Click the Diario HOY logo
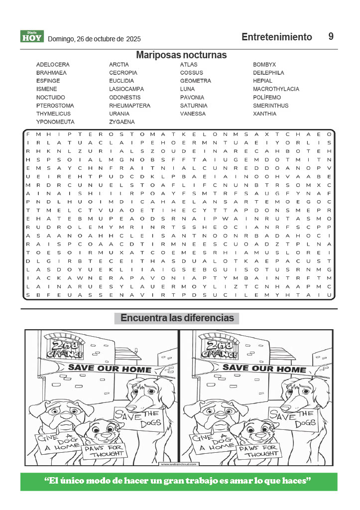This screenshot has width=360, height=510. coord(32,36)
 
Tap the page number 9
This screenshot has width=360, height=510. coord(331,36)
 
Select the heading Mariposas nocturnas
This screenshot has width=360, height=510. coord(181,55)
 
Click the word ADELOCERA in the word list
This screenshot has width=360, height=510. coord(53,65)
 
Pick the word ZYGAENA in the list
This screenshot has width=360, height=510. coord(122,122)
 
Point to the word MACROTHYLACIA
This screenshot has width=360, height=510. coord(276,89)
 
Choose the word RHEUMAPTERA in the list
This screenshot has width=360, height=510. coord(129,106)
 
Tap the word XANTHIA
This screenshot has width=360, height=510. coord(264,114)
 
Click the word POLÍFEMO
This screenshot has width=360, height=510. coord(267,98)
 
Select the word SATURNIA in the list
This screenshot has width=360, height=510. coord(194,106)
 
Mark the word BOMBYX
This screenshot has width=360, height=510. coord(264,65)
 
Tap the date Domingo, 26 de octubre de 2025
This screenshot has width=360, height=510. coord(94,39)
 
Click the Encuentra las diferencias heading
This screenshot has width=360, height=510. coord(177,318)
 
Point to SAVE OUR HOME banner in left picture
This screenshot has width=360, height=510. coord(110,369)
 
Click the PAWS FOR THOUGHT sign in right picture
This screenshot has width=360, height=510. coord(258,451)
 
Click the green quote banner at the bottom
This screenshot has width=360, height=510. coord(178,481)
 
